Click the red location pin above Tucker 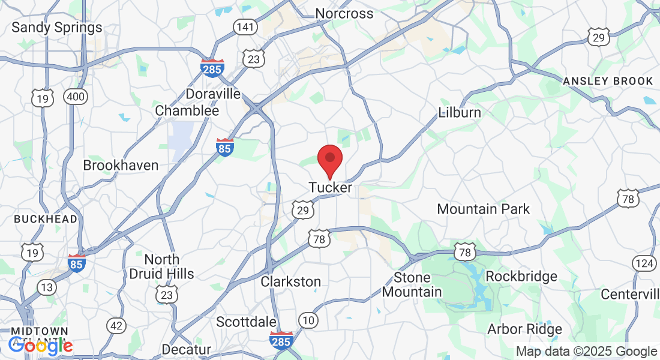[x=329, y=160]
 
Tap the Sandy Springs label [x=57, y=28]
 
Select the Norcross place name [x=344, y=13]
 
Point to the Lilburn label [x=460, y=112]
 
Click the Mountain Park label [x=484, y=209]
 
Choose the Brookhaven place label [x=121, y=165]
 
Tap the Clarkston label [x=291, y=281]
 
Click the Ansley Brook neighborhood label [x=608, y=81]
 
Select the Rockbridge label [x=521, y=277]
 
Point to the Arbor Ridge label [x=524, y=329]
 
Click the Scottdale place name [x=247, y=322]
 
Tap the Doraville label [x=213, y=94]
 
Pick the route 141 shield [x=245, y=27]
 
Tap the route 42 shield [x=116, y=326]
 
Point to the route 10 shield [x=308, y=320]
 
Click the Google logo [x=40, y=346]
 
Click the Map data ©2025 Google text [x=587, y=352]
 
